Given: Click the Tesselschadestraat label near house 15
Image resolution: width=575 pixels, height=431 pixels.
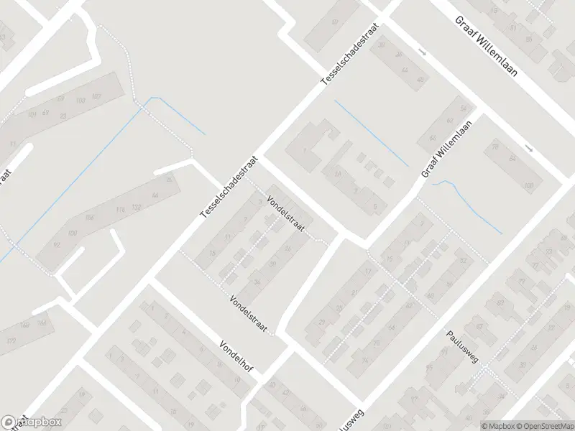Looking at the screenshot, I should tap(228, 186).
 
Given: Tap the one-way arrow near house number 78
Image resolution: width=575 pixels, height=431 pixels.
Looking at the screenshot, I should tap(530, 149).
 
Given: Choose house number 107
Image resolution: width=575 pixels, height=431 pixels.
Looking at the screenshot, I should tap(97, 97).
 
